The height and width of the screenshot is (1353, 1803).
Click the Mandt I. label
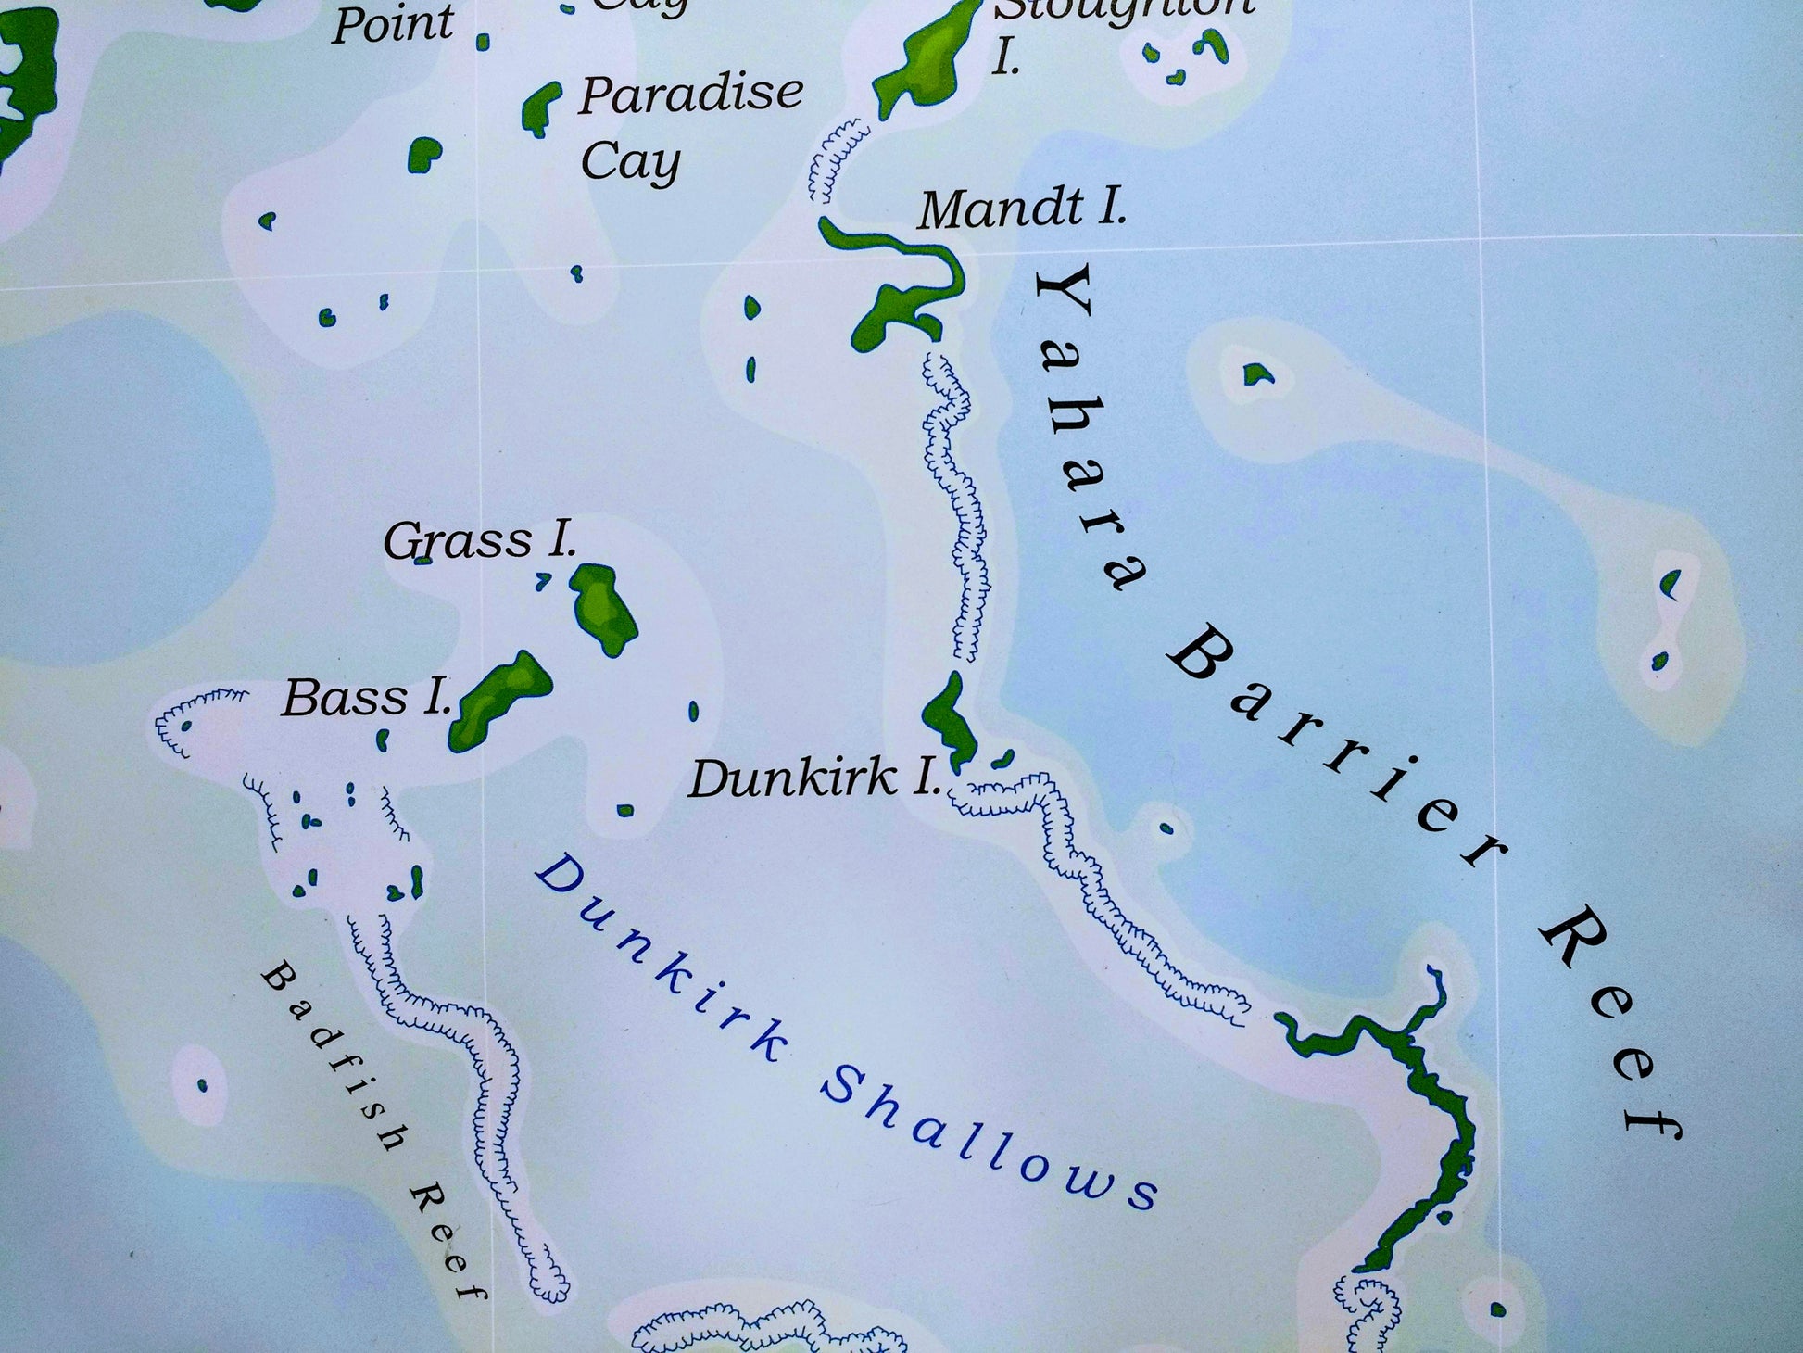[x=1022, y=209]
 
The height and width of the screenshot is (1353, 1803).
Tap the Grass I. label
[x=480, y=540]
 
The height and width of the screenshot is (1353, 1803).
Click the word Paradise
[x=690, y=95]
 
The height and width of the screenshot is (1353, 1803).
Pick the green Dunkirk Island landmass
[x=947, y=718]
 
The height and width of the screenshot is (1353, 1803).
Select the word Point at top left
[x=393, y=24]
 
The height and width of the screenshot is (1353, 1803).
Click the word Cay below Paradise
[x=630, y=162]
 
